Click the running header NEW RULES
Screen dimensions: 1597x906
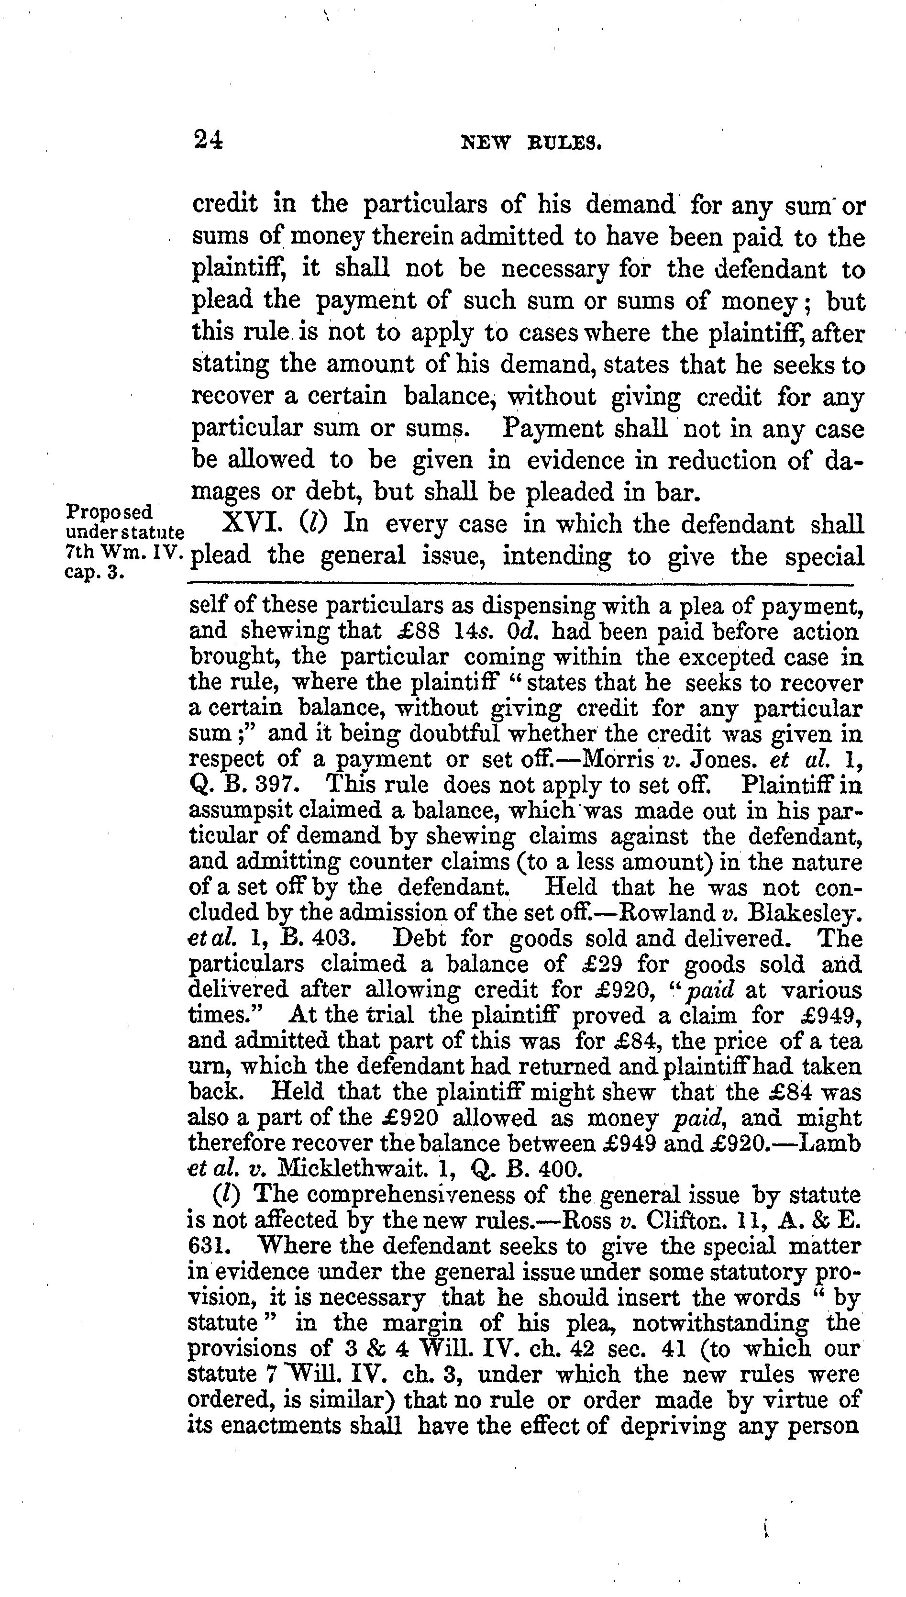(531, 144)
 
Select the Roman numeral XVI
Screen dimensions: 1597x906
(253, 523)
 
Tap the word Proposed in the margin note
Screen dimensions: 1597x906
(109, 512)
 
